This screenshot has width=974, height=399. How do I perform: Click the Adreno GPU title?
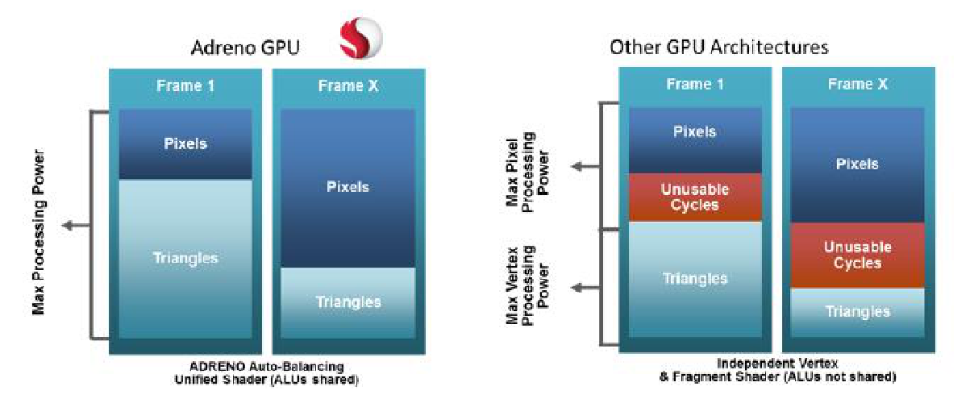pos(245,48)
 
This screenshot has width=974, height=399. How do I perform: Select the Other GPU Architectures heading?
pos(718,47)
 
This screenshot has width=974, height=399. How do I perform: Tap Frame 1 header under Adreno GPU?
pos(185,86)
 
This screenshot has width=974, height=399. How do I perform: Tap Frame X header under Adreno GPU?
pos(348,86)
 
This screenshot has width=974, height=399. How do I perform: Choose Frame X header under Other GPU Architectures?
pos(857,84)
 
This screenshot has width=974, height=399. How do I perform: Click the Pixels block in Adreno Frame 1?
pos(185,144)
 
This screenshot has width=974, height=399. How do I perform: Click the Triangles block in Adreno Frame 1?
pos(185,258)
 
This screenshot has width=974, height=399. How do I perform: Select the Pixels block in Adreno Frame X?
pos(348,187)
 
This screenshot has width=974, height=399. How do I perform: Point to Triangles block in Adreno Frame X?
pos(348,302)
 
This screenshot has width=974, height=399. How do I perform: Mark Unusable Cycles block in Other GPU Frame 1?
pos(695,197)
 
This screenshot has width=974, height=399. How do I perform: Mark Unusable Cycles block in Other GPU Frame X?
pos(857,255)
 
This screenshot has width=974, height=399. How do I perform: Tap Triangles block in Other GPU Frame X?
pos(857,312)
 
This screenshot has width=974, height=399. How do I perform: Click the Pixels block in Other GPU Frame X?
pos(857,164)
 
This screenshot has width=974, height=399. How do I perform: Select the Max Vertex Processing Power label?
pos(527,285)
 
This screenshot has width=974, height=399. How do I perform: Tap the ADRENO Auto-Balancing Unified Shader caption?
pos(267,372)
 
